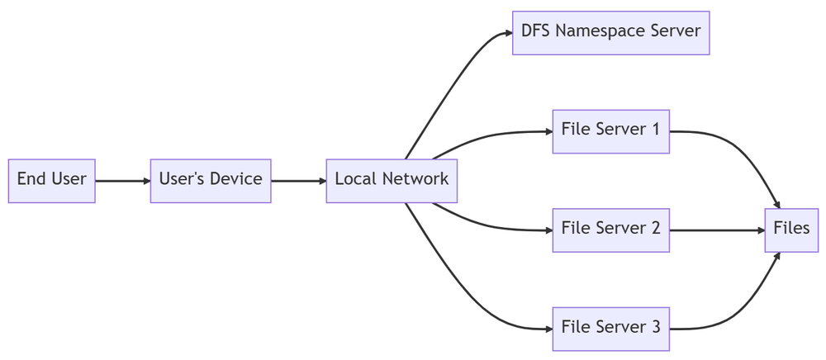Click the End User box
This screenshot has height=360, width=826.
pos(51,181)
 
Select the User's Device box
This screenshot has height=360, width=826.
pos(211,181)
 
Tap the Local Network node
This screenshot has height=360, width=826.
pos(392,181)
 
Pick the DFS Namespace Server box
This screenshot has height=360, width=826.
pos(611,33)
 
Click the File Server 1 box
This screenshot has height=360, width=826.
pos(611,131)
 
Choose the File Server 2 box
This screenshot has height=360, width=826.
pos(611,230)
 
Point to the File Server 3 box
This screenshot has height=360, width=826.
pos(611,329)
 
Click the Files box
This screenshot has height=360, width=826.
pos(791,230)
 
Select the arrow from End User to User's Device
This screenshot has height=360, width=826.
pos(123,181)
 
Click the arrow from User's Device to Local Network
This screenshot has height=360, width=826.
pos(299,181)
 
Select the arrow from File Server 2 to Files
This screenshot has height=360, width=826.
pos(717,230)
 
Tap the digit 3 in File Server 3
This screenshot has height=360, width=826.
pos(655,327)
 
